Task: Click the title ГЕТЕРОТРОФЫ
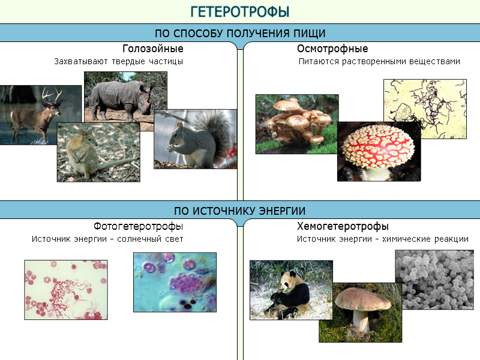coord(239,11)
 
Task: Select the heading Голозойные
coord(153,49)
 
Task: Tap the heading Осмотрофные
coord(332,49)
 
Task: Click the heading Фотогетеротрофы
coord(139,227)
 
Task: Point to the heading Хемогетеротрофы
coord(343,227)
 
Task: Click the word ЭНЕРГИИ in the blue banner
coord(282,211)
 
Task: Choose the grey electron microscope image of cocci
coord(434,280)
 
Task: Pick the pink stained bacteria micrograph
coord(66,290)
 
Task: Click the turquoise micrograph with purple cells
coord(175,282)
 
